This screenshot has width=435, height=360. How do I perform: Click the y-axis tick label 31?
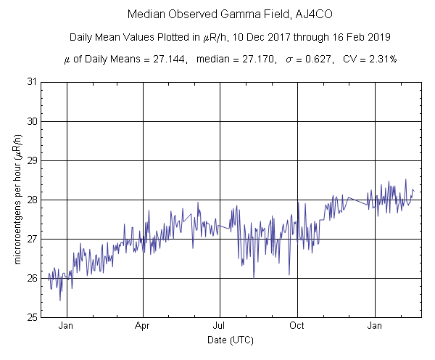[32, 82]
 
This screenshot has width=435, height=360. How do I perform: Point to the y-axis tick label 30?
[32, 121]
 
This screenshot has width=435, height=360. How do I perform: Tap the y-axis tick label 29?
[32, 160]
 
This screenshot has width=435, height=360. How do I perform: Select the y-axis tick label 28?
[32, 200]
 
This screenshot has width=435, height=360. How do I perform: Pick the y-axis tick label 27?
[32, 239]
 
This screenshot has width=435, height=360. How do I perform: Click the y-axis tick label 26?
[32, 278]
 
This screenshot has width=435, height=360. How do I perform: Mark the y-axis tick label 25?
[32, 317]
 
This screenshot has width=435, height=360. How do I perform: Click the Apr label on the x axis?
[143, 327]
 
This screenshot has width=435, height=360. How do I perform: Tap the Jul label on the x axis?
[220, 327]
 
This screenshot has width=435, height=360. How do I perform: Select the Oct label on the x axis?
[297, 327]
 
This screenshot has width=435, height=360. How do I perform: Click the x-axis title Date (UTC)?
[231, 340]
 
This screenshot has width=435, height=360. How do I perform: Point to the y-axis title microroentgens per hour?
[17, 200]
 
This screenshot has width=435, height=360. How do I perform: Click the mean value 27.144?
[152, 60]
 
